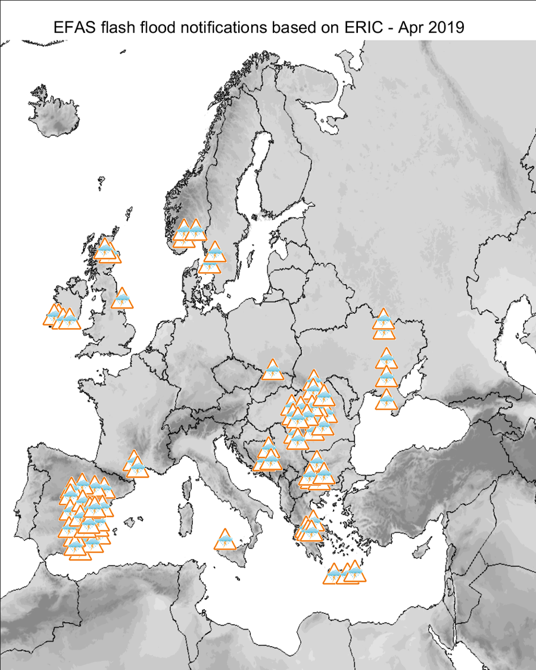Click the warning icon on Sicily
(225, 540)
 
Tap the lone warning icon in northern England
(122, 299)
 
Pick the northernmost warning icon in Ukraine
(383, 320)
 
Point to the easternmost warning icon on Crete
(355, 572)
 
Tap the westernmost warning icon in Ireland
(54, 315)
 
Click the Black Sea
(417, 429)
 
